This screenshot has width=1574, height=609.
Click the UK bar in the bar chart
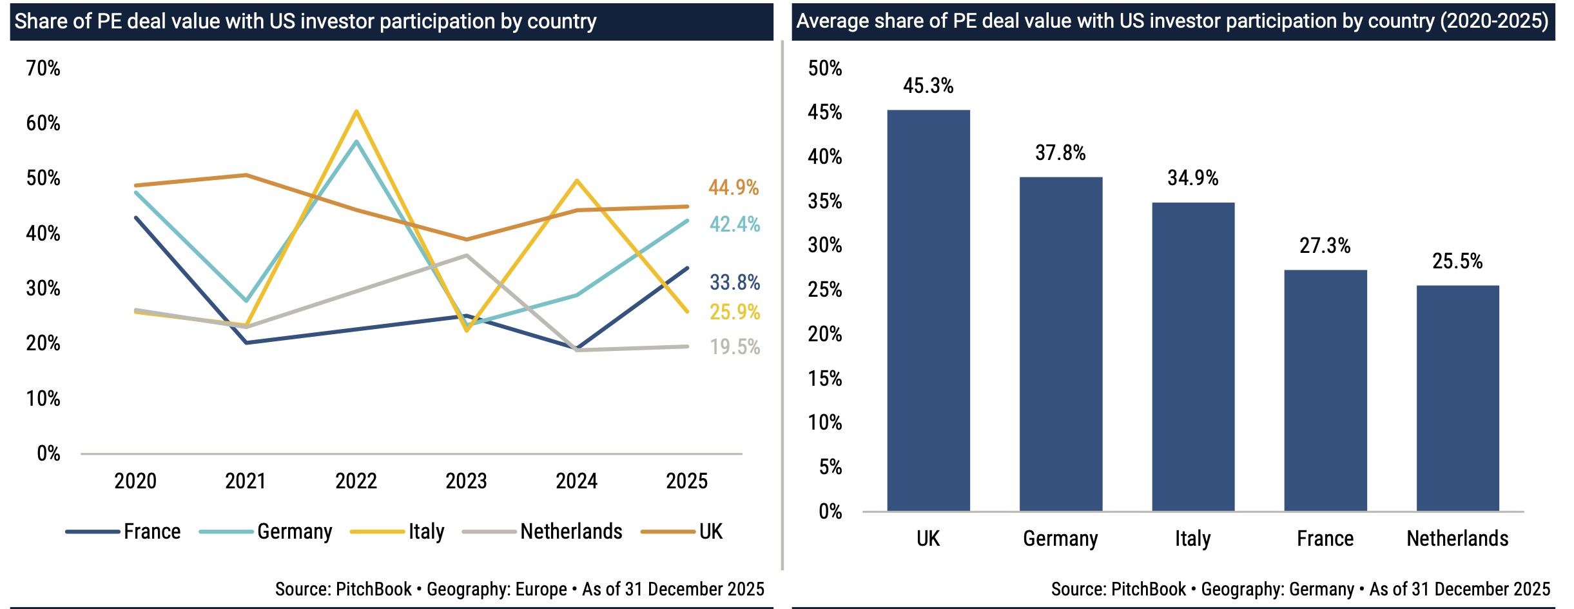click(x=928, y=310)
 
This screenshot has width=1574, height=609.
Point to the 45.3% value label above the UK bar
click(x=928, y=86)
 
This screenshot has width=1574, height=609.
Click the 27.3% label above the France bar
click(x=1325, y=246)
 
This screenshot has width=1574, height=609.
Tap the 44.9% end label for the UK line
click(x=734, y=188)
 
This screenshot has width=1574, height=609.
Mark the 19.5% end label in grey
click(x=735, y=347)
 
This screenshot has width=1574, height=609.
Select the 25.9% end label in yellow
click(x=735, y=312)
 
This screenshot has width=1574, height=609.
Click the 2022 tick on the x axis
click(x=356, y=481)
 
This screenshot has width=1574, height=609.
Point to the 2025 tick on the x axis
click(x=686, y=481)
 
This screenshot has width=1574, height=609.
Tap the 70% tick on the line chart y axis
click(x=43, y=68)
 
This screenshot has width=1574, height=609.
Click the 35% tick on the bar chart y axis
click(x=825, y=201)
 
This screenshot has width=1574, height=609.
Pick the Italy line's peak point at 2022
click(x=356, y=111)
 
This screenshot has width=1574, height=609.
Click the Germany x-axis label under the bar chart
click(x=1060, y=539)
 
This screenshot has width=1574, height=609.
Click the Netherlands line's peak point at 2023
click(x=466, y=255)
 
